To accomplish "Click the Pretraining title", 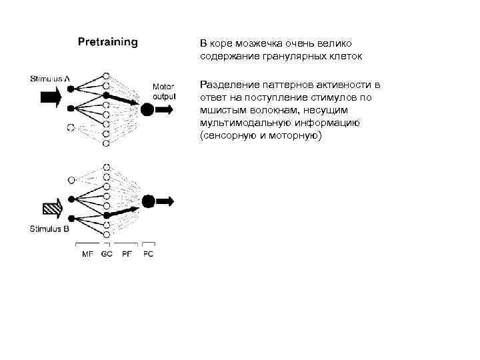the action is tap(108, 43).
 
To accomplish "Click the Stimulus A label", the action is tap(51, 78).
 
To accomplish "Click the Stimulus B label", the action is tap(49, 229).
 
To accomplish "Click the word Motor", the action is tap(164, 87).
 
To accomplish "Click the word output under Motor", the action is tap(164, 96).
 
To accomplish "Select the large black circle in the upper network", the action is tap(147, 109).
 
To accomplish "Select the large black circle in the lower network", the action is tap(149, 201).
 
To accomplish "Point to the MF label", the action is tap(88, 254).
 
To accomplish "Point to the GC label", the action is tap(107, 254).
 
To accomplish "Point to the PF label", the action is tap(127, 254).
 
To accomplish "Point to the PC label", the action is tap(148, 254).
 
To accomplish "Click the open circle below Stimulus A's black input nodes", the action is tap(70, 127).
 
